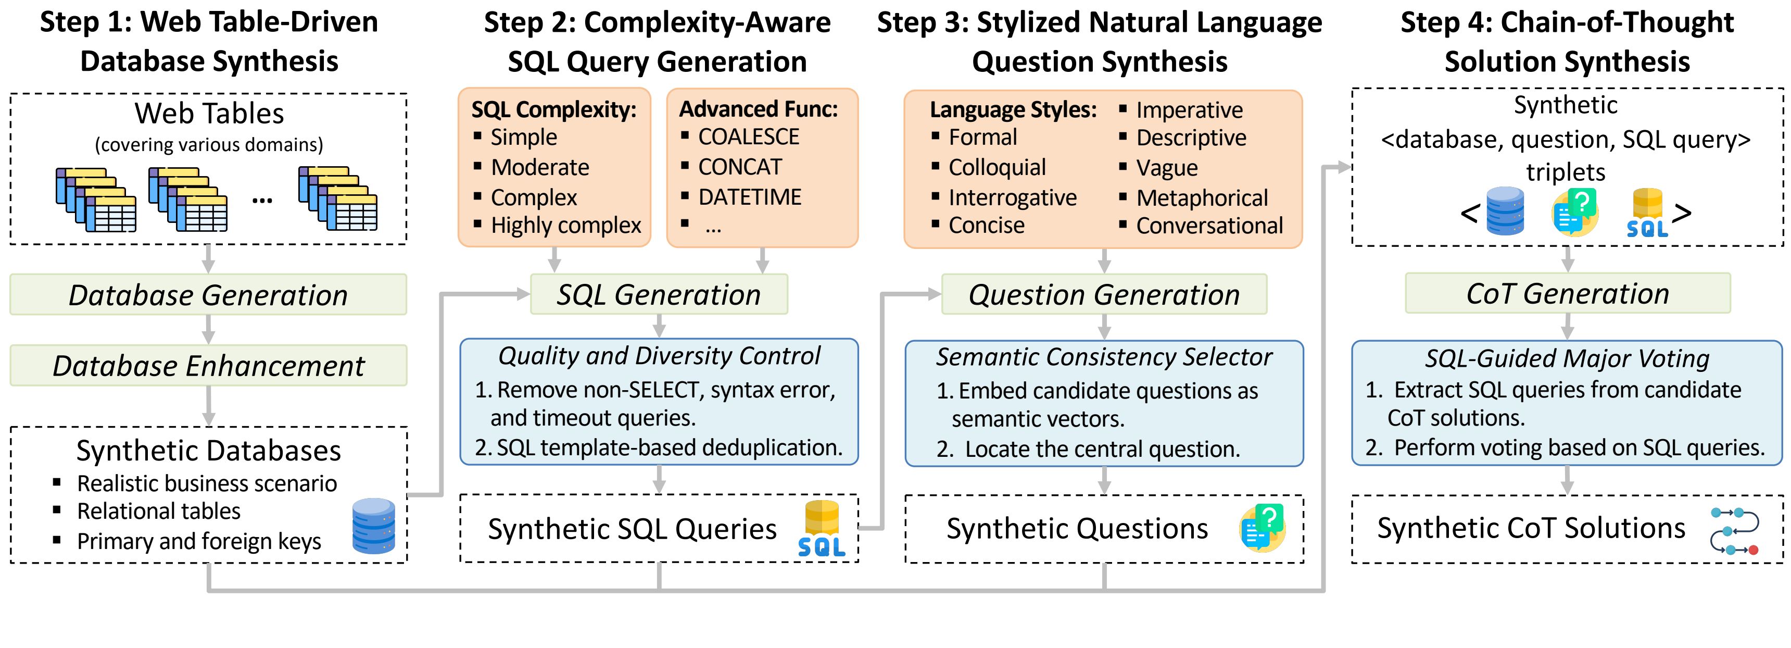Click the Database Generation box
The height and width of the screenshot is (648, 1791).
[208, 294]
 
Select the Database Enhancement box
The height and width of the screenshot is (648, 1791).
[208, 365]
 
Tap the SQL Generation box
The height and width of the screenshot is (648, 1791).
[659, 294]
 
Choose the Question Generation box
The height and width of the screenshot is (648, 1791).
[1104, 294]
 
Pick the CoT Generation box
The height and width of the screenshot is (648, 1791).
[1568, 293]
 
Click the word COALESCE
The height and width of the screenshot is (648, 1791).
[749, 137]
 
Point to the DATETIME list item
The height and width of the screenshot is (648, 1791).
[750, 197]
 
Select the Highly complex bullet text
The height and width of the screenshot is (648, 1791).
[566, 225]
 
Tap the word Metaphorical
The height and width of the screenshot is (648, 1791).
[1202, 198]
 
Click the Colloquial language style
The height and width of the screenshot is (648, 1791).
[997, 168]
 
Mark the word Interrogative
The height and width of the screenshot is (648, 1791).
[1012, 198]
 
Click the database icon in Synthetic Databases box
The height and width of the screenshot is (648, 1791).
[374, 526]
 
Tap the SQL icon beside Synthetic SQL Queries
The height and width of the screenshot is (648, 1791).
[822, 529]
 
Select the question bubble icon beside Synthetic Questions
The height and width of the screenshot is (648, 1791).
[1262, 528]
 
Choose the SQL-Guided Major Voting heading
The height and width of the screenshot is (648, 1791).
[1567, 358]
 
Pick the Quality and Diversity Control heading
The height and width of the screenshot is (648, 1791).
[659, 356]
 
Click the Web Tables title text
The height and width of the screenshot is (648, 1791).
[209, 114]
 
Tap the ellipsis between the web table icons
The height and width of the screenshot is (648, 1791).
[262, 202]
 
